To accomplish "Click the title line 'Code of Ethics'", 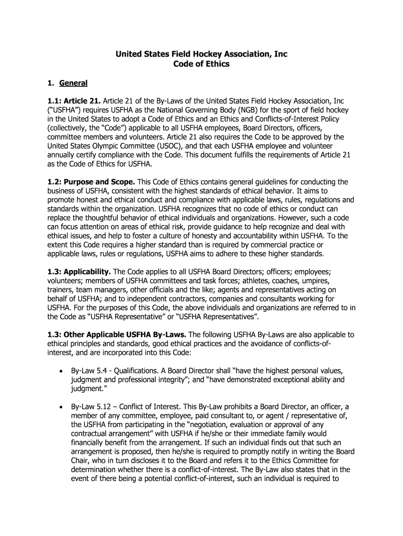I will pyautogui.click(x=201, y=64).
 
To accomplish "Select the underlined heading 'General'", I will pyautogui.click(x=73, y=83).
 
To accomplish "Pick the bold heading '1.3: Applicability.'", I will pyautogui.click(x=79, y=273).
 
